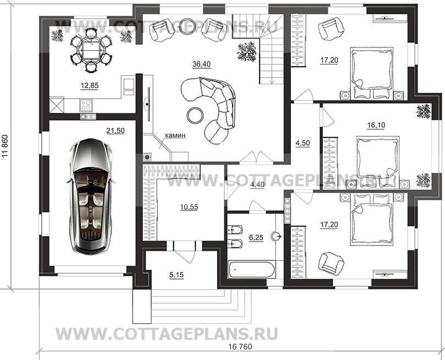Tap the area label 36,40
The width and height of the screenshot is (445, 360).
click(202, 64)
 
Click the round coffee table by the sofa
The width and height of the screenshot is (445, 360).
click(196, 115)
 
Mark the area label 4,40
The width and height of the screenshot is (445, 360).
click(257, 184)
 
